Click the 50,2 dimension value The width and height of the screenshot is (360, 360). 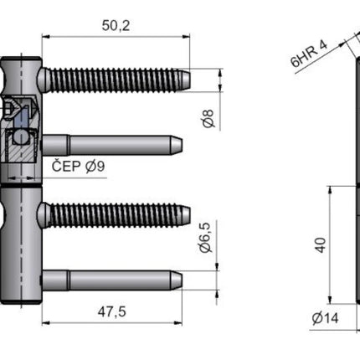pos(116,26)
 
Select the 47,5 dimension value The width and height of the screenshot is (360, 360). pos(111,311)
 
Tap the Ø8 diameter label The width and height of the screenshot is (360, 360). pos(208,119)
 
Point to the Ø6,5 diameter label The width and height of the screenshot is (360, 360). pos(206,238)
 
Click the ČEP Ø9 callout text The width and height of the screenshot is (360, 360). pos(78,167)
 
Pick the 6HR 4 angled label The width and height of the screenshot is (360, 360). pos(309,54)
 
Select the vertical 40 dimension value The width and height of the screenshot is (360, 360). pos(321,245)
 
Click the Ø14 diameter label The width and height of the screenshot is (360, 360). pos(325,318)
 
